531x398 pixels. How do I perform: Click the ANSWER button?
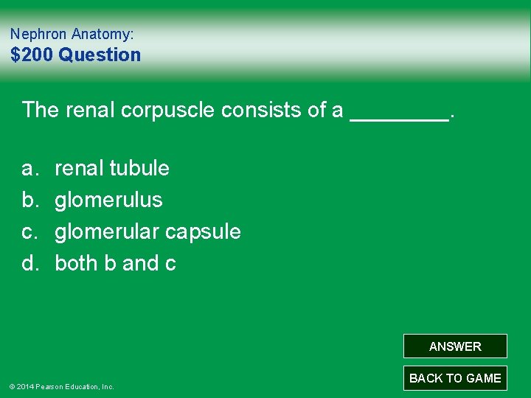[455, 346]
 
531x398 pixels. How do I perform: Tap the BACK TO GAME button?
[455, 378]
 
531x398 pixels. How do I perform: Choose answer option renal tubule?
[112, 168]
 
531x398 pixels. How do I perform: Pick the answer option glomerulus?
[108, 200]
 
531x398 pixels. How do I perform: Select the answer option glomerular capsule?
[147, 231]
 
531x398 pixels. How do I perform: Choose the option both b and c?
[115, 263]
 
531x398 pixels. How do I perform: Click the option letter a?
[29, 168]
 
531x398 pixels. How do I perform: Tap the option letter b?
[29, 200]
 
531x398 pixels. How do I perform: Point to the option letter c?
[29, 231]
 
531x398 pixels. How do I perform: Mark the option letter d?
[29, 263]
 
